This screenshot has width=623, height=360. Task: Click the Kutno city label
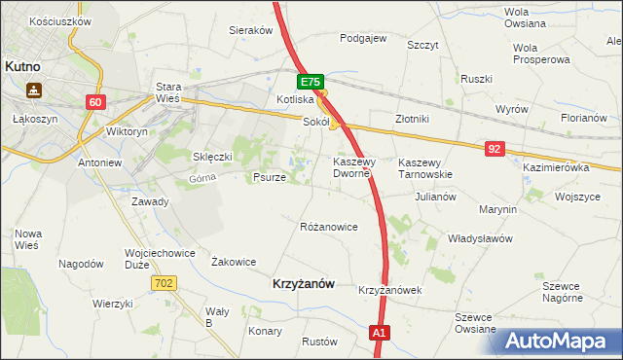pos(21,67)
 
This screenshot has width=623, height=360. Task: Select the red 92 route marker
pos(495,148)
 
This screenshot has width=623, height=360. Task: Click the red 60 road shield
pos(94,101)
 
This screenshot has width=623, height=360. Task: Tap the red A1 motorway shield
pos(381,333)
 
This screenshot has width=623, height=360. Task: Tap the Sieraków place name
pos(250,30)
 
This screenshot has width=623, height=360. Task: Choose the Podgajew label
pos(363,39)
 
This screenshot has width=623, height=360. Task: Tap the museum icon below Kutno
pos(34,90)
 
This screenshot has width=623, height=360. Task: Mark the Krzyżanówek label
pos(388,290)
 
